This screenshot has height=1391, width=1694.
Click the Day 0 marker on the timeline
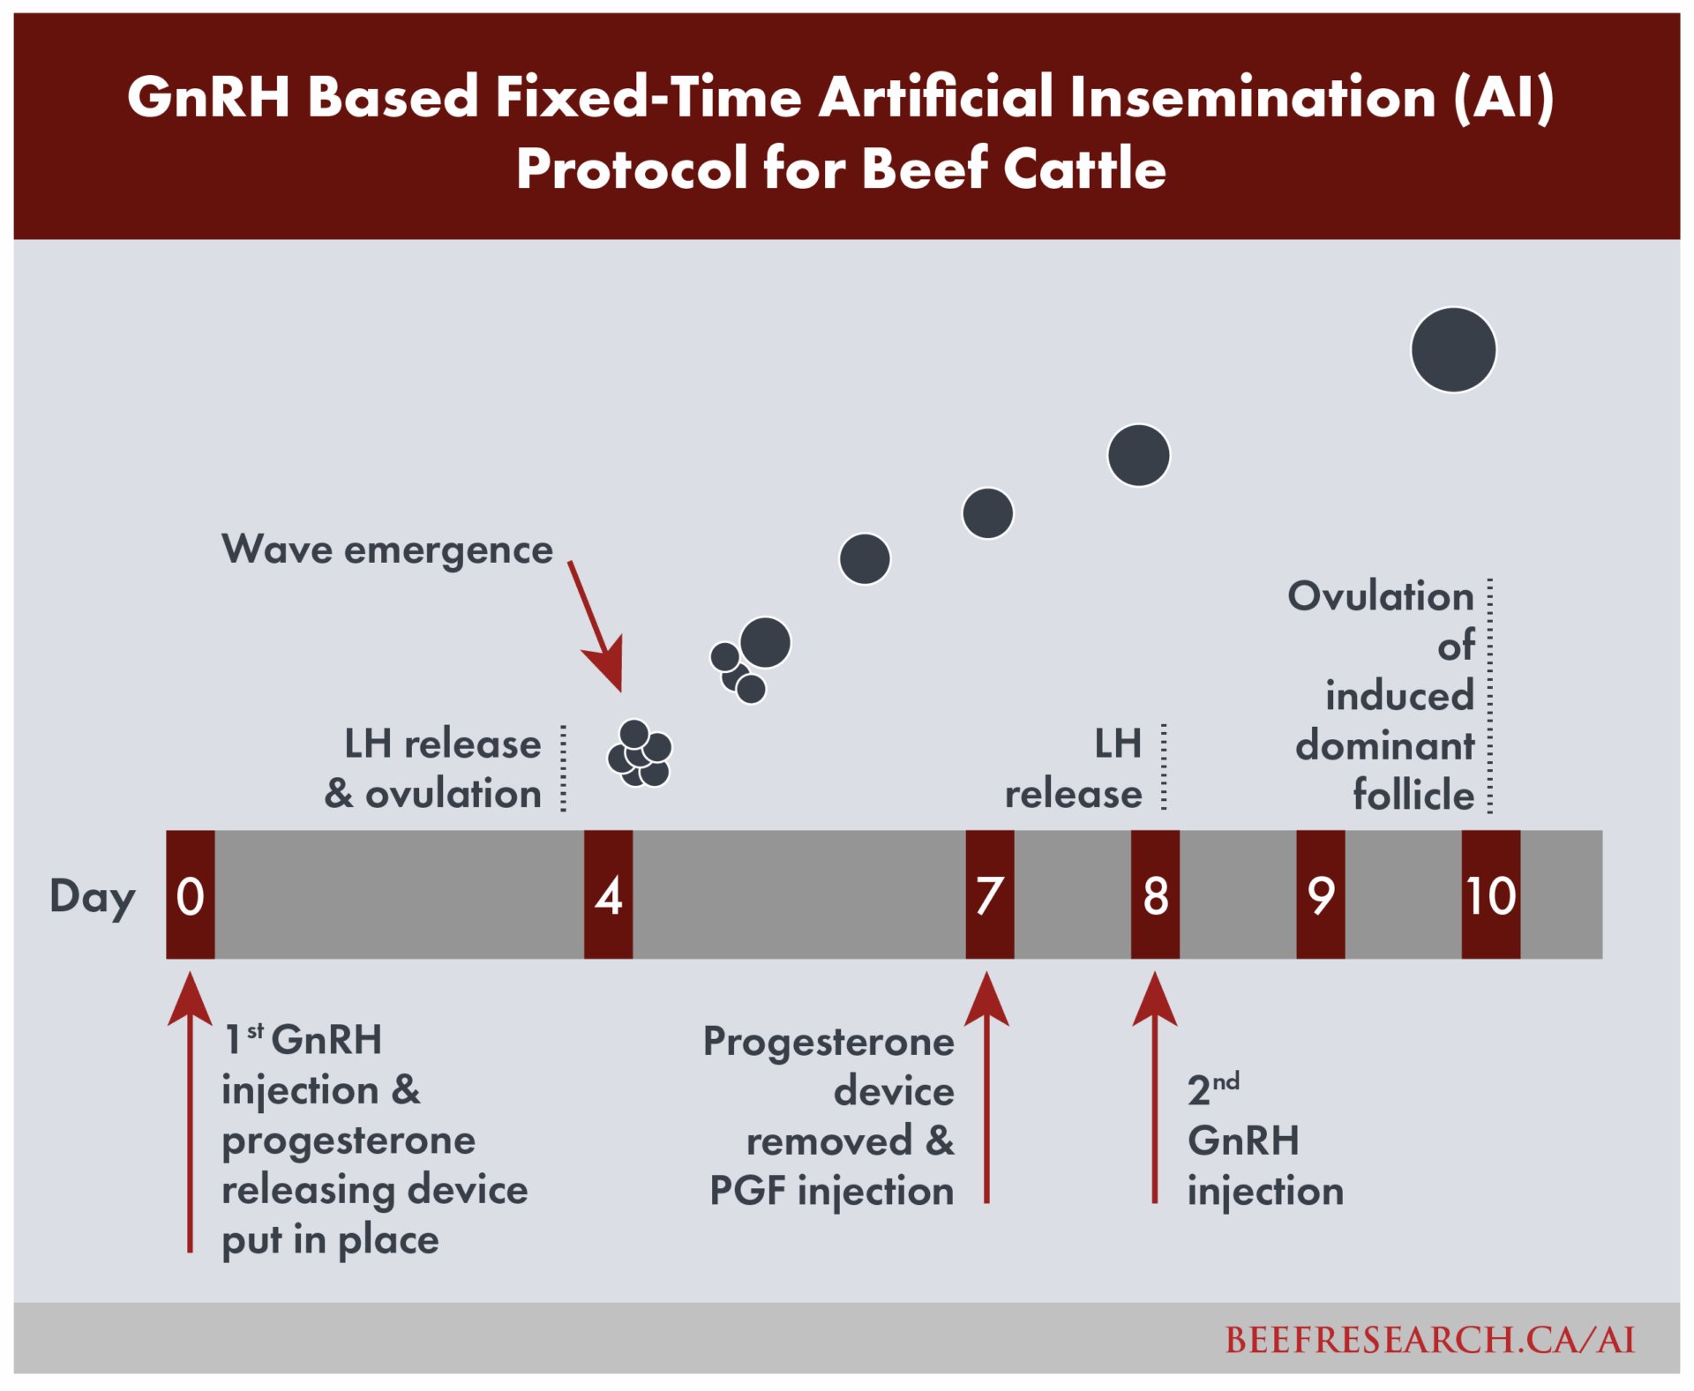coord(191,894)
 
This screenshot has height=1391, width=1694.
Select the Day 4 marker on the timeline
coord(608,894)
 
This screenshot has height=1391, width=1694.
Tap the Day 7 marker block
coord(990,894)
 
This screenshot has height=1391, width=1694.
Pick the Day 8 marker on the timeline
coord(1155,894)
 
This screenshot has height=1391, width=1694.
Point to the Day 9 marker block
coord(1321,894)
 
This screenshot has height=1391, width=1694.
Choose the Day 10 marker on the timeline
coord(1491,894)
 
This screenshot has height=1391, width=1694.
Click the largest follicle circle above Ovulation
coord(1453,350)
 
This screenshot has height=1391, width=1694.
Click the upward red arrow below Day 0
coord(190,1112)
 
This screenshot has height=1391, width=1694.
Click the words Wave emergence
coord(387,550)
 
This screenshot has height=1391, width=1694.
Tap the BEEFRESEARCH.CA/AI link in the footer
coord(1429,1340)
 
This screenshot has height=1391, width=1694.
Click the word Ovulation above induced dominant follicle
coord(1381,596)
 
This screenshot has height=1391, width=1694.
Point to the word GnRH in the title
coord(209,96)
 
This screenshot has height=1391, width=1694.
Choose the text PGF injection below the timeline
coord(832,1193)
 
